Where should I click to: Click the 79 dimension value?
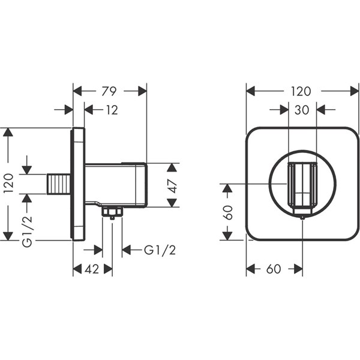109,91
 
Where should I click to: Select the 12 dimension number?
111,110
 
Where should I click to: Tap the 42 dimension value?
92,269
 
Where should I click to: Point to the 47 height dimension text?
173,185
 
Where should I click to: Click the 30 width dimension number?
302,110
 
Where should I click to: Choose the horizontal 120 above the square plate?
302,91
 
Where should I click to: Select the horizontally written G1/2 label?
159,250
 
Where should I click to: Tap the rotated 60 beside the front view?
227,212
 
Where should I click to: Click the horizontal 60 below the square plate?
274,269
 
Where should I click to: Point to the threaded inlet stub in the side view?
58,184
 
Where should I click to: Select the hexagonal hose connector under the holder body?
112,211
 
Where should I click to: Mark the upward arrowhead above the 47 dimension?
172,167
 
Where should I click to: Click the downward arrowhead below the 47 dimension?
172,202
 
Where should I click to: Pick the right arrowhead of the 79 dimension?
142,91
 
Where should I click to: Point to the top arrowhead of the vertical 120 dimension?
7,133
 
